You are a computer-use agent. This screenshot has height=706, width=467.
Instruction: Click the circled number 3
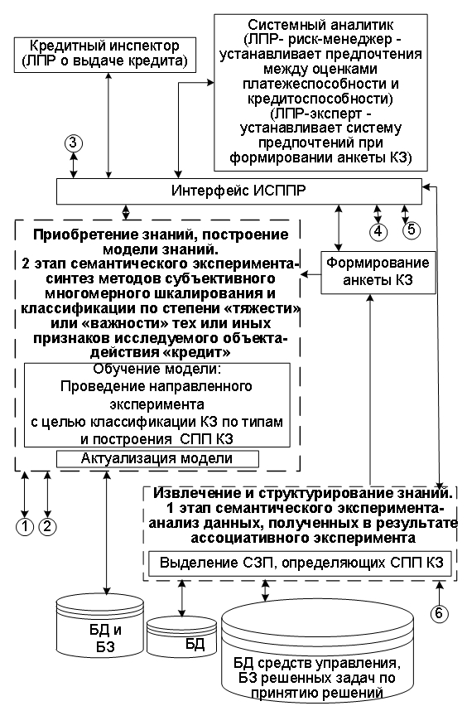pos(74,143)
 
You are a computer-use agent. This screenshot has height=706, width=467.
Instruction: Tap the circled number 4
pos(378,230)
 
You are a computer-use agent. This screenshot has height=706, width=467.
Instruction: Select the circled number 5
pos(412,230)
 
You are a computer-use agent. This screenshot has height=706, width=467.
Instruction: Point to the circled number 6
pos(439,612)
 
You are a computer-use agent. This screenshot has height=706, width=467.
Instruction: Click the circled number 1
pos(25,526)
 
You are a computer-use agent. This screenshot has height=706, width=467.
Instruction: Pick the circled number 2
pos(47,526)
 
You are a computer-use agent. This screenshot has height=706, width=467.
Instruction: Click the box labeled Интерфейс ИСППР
pos(239,191)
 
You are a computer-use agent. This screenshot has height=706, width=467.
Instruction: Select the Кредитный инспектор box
pos(105,55)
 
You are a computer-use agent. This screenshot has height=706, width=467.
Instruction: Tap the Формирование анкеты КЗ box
pos(378,273)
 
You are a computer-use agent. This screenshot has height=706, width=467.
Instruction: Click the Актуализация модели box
pos(157,459)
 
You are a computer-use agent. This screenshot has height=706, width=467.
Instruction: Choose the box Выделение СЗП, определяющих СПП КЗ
pos(300,563)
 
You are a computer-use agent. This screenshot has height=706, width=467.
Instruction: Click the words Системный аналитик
pos(320,24)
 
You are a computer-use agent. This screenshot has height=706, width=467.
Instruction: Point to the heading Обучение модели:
pos(157,369)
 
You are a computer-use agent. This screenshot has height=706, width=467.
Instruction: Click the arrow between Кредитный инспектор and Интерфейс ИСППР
pos(108,125)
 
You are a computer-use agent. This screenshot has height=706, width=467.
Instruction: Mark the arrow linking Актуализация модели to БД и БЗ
pos(107,531)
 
